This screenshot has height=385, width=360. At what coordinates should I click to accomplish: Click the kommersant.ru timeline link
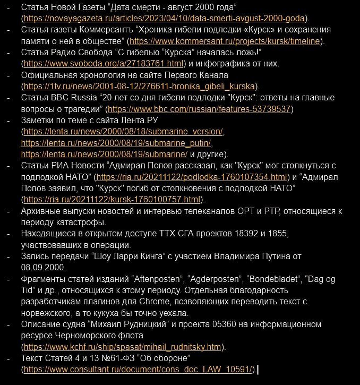226,41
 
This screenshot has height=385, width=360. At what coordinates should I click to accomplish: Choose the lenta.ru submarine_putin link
116,143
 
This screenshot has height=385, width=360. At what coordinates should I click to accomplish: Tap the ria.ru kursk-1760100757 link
112,200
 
